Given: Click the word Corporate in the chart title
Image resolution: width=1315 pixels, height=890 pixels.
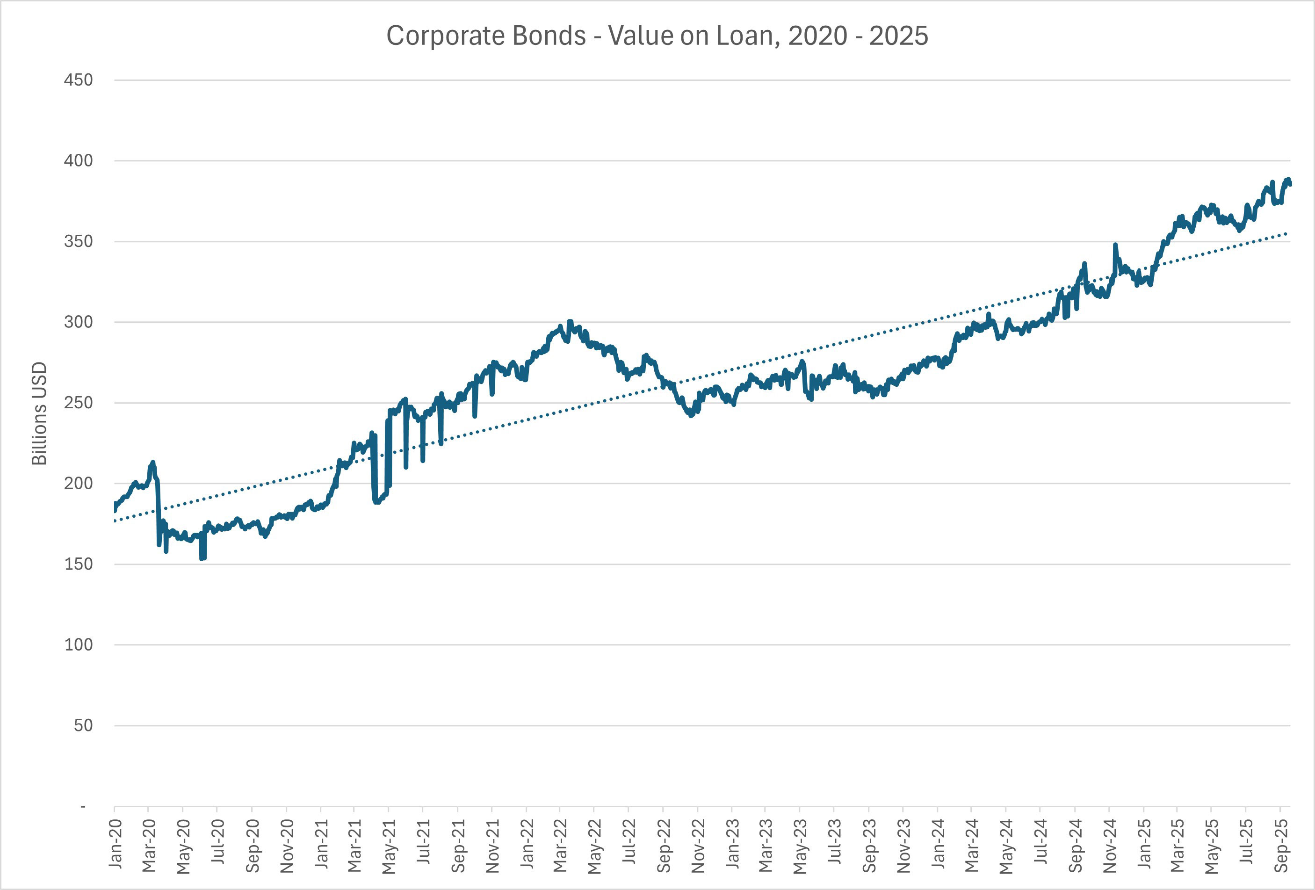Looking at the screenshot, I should click(x=485, y=36).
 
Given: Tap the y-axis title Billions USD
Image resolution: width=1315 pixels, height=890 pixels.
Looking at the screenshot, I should click(x=39, y=413).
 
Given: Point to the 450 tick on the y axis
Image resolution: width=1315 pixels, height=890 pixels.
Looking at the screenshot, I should click(x=78, y=80).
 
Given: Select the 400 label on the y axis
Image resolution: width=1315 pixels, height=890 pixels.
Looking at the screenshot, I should click(x=78, y=161).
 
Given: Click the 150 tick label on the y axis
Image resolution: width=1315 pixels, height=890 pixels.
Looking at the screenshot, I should click(x=78, y=564).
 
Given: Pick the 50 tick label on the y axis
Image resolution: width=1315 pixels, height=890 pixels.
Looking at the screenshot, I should click(x=83, y=725).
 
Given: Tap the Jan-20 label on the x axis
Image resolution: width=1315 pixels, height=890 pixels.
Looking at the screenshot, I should click(x=116, y=843).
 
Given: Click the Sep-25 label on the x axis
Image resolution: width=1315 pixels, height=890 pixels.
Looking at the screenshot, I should click(x=1282, y=845).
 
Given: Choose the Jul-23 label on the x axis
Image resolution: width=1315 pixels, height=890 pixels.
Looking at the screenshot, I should click(x=834, y=843).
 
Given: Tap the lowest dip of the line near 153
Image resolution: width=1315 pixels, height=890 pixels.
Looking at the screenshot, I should click(x=202, y=558).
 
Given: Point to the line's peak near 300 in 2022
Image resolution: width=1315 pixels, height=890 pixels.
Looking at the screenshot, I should click(x=570, y=321).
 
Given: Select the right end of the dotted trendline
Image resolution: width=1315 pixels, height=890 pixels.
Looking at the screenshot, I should click(x=1287, y=233).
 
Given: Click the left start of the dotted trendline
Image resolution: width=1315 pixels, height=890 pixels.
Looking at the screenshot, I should click(x=115, y=521).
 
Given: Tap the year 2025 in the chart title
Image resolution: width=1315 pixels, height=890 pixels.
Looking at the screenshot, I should click(x=898, y=36).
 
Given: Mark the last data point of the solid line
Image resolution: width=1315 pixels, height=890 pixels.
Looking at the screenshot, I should click(x=1290, y=183).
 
